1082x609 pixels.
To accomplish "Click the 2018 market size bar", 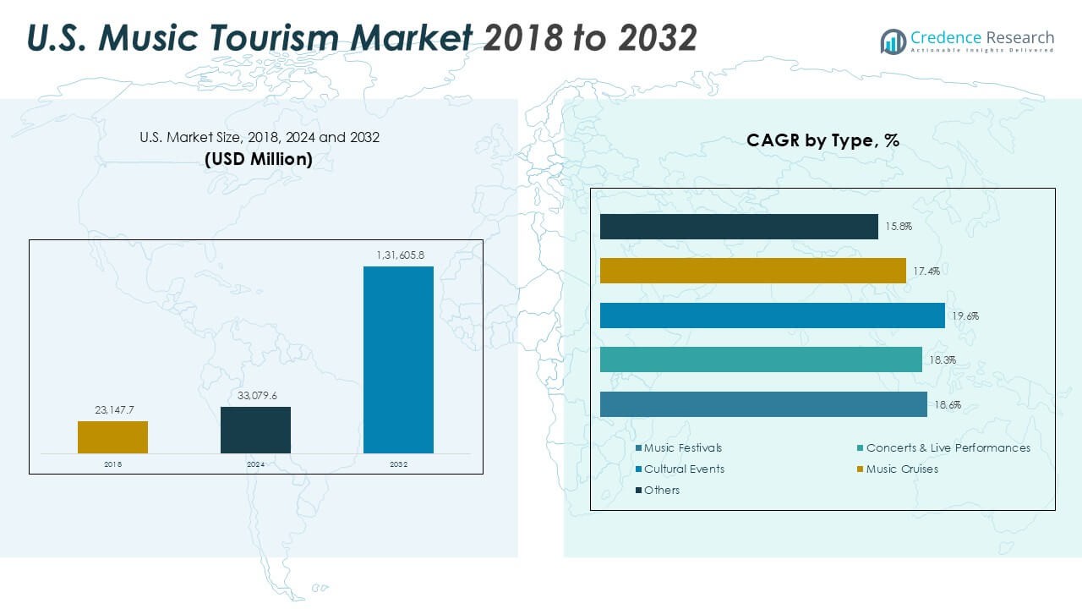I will [112, 436].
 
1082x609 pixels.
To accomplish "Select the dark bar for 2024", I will [255, 430].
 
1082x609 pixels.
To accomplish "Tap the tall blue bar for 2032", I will [398, 359].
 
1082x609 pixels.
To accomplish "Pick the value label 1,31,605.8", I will [399, 255].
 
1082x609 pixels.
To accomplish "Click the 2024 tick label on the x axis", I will [255, 464].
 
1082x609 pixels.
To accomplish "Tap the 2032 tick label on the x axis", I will [398, 464].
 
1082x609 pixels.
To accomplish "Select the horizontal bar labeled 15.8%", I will [739, 227].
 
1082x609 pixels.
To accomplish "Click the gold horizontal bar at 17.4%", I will [752, 271].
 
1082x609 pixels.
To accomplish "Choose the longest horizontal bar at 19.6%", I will [772, 315].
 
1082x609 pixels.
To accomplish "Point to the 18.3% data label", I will [943, 360].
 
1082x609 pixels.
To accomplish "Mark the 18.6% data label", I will [948, 405].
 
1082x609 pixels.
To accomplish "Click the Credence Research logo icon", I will [893, 41].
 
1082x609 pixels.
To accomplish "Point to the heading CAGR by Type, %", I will [822, 141].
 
